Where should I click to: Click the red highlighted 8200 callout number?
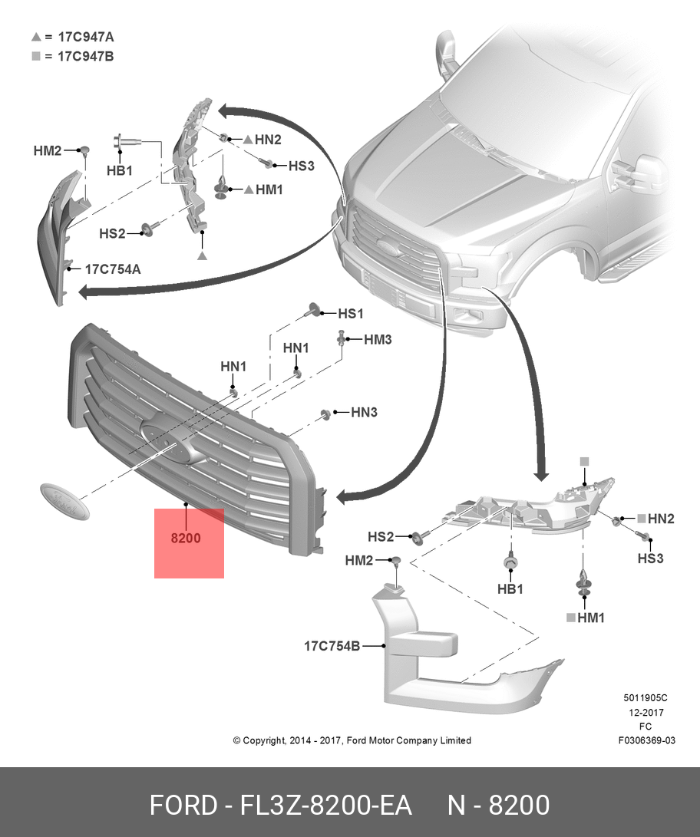click(x=186, y=538)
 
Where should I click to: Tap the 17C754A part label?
click(x=113, y=269)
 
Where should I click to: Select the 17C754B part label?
click(x=332, y=646)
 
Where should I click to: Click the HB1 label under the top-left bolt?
click(x=120, y=171)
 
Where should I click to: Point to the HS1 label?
click(x=351, y=313)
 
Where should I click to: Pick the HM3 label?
click(x=378, y=340)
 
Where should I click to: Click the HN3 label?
click(x=364, y=412)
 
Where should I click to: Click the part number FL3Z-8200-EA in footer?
click(x=325, y=805)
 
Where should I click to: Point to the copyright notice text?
click(x=352, y=740)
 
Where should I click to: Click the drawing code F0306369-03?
click(x=646, y=740)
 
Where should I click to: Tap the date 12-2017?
click(x=646, y=712)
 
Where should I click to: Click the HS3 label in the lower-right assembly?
click(x=650, y=559)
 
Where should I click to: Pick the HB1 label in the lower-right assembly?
click(x=510, y=588)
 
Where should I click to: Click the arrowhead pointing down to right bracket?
click(x=542, y=474)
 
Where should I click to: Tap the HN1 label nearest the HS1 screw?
click(x=296, y=348)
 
